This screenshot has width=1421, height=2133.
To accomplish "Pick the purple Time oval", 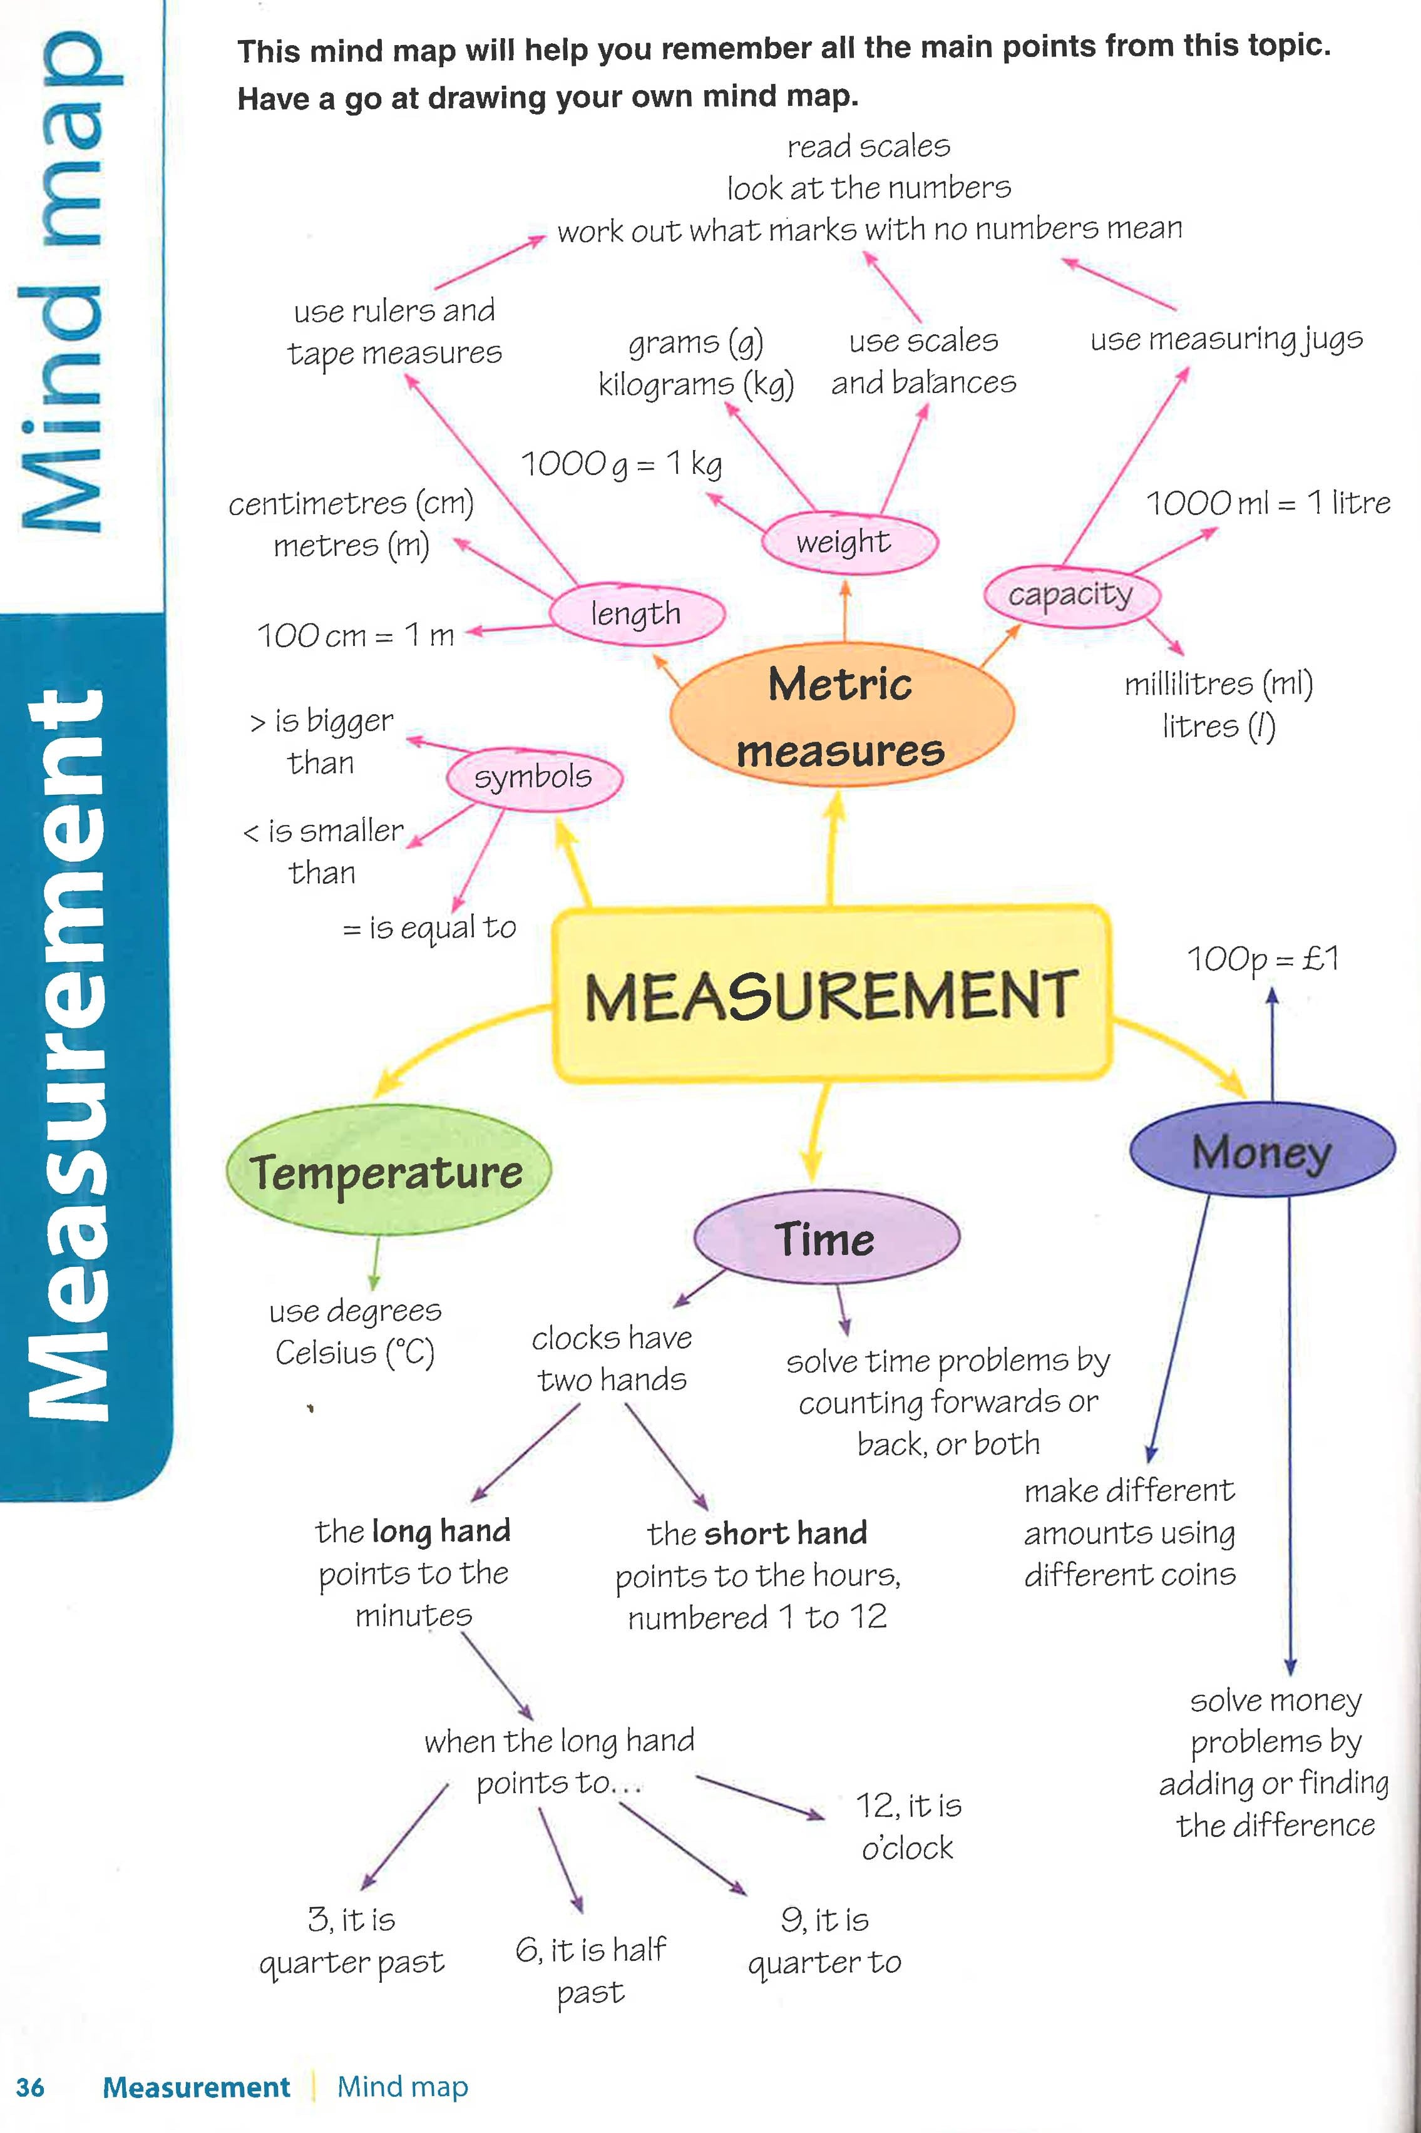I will click(826, 1238).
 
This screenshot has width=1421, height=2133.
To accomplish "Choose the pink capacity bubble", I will click(1070, 595).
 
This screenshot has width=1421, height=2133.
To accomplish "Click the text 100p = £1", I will click(1263, 958).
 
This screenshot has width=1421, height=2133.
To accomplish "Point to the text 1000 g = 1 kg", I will click(622, 463).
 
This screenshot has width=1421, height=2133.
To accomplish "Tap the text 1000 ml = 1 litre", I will click(1268, 502).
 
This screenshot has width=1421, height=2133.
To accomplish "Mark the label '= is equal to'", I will click(429, 927).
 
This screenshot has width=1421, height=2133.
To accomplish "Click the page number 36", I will click(30, 2087).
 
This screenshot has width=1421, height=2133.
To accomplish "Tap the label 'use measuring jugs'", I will click(1226, 339).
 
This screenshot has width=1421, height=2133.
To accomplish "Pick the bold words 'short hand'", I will click(787, 1532).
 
